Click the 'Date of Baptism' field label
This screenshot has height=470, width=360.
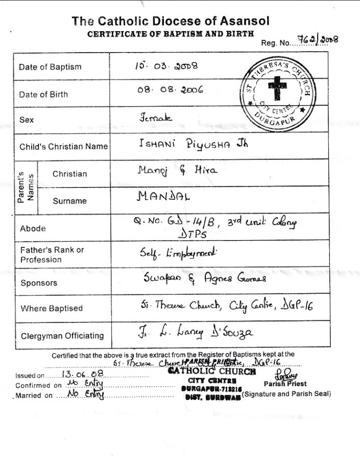(x=50, y=67)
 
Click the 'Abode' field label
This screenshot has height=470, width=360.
(x=33, y=229)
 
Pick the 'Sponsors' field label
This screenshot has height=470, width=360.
(x=38, y=283)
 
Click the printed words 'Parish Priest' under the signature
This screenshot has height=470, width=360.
(x=285, y=384)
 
